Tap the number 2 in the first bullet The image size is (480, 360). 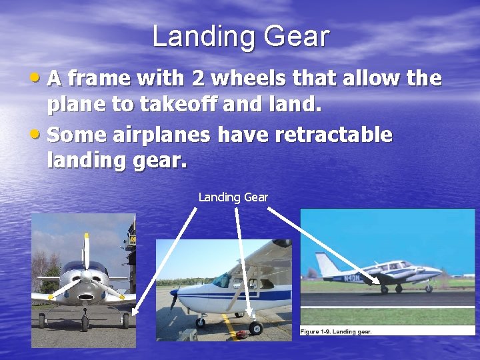(198, 79)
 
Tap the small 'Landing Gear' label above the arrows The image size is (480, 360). (233, 197)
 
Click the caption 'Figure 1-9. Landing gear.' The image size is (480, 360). (336, 331)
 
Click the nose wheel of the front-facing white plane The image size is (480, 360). (85, 323)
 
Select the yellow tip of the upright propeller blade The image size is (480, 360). (86, 237)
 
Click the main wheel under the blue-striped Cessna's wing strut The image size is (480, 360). (255, 327)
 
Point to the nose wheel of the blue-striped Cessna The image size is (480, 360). (200, 322)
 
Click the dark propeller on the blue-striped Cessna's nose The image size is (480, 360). (175, 297)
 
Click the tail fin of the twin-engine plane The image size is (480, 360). (327, 263)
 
